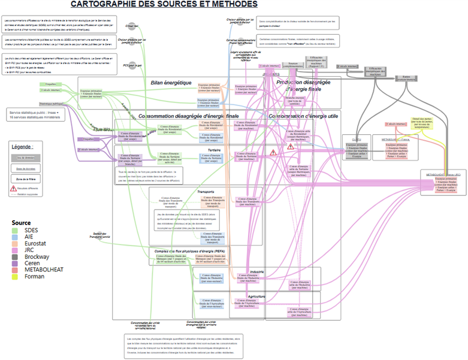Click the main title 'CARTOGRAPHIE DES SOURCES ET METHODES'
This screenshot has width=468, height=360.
164,4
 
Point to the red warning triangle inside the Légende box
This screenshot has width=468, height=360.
14,188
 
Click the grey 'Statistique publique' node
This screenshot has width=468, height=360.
50,104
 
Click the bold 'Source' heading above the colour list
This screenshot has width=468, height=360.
21,223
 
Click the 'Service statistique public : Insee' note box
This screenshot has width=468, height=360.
38,114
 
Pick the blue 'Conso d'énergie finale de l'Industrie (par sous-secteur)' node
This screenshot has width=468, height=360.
211,277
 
